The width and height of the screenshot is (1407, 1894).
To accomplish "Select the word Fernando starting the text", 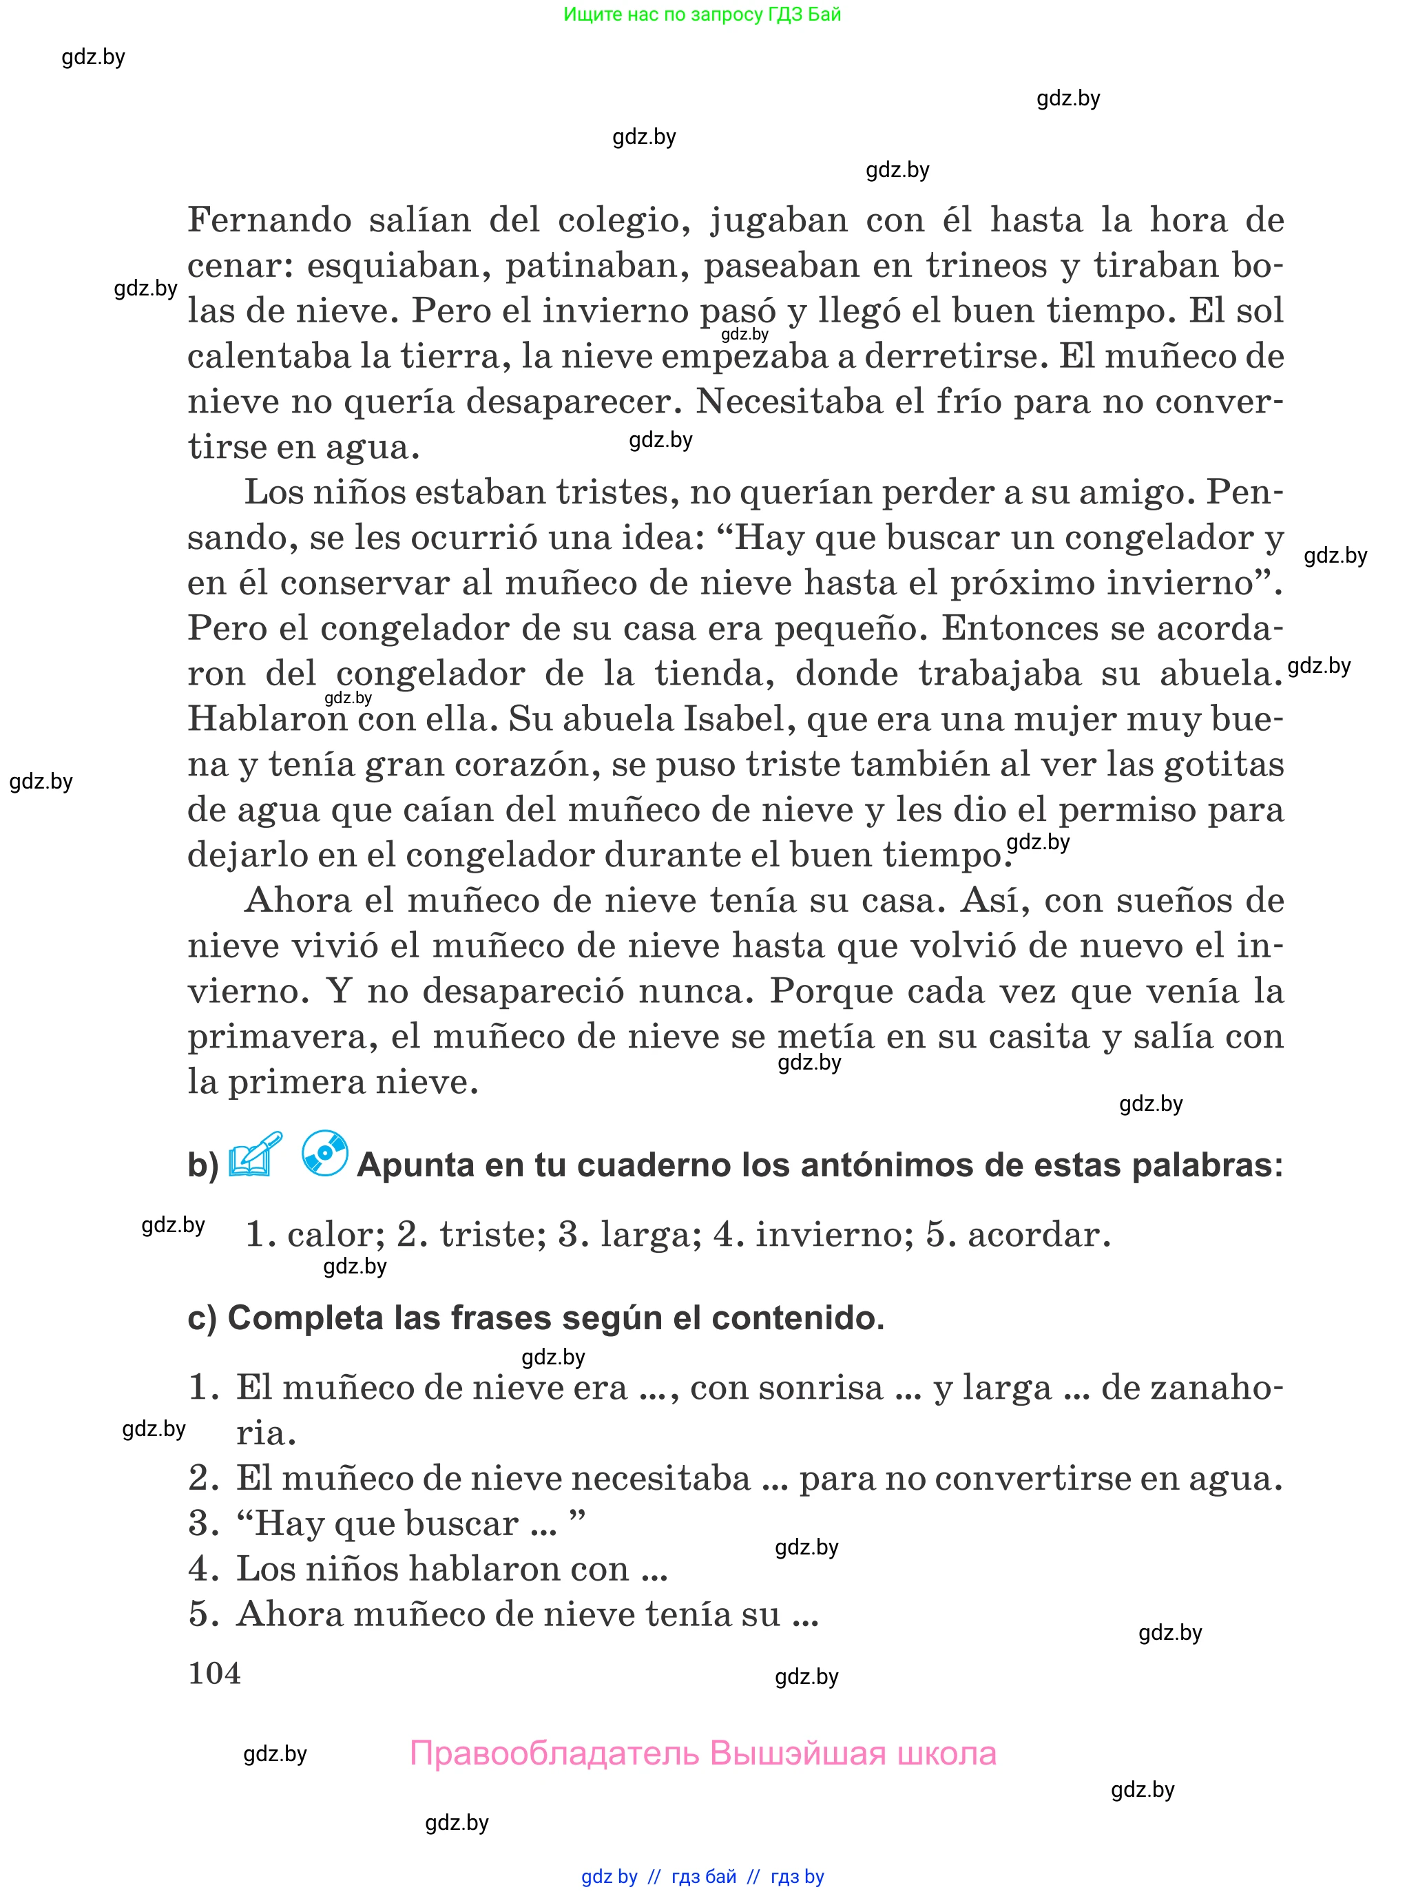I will (x=269, y=220).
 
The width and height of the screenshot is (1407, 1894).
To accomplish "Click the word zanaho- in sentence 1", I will (x=1191, y=1387).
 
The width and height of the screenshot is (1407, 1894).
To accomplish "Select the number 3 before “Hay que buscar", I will (x=204, y=1523).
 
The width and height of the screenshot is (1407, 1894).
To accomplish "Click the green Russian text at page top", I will (x=702, y=14).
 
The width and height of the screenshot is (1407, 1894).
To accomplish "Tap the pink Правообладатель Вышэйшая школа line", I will (x=702, y=1753).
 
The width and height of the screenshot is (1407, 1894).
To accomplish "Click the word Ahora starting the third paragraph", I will (x=298, y=900).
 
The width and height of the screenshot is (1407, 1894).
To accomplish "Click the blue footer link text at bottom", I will (x=702, y=1877).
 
